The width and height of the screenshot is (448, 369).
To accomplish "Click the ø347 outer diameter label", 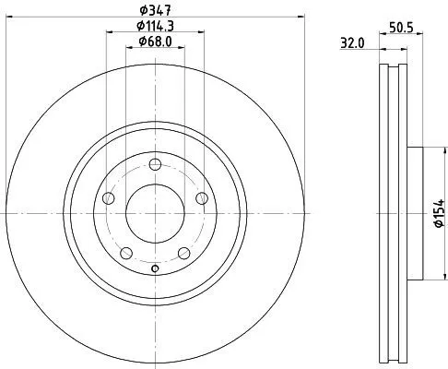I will coord(155,11).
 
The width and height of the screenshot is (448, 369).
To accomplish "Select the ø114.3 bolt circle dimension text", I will coord(155,26).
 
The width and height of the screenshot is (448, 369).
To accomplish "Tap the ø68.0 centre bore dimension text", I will coord(155,41).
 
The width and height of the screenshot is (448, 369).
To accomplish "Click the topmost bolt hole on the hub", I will coord(155,166).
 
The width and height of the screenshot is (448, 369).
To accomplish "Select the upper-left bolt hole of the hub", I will coord(110,199).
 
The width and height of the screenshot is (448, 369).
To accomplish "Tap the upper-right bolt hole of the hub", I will coord(200,199).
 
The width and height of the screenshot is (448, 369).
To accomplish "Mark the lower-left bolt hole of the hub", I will coord(127,253).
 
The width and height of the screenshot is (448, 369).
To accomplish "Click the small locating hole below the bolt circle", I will coord(155,269).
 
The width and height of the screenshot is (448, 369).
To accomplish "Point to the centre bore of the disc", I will coord(155,214).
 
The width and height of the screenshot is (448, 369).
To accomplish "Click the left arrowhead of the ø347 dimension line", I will coord(9,18).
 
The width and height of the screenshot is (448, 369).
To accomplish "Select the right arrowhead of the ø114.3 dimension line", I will coord(200,32).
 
